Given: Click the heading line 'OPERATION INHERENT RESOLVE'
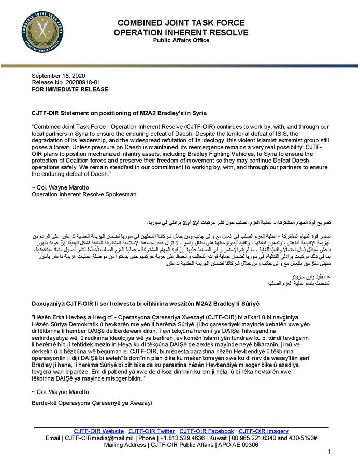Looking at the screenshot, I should click(x=181, y=33).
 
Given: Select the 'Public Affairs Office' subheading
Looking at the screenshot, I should click(x=181, y=41).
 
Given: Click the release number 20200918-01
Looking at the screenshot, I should click(x=70, y=82).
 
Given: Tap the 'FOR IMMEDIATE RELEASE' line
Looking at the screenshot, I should click(x=70, y=89).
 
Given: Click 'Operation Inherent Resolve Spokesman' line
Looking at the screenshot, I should click(x=84, y=194).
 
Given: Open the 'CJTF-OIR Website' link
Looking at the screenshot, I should click(x=99, y=431).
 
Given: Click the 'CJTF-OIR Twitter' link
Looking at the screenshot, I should click(x=152, y=431).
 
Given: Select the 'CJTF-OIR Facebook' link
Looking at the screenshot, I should click(x=207, y=431).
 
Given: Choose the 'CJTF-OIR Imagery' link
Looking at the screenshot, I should click(x=264, y=431).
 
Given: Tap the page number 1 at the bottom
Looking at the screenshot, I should click(x=328, y=452).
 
